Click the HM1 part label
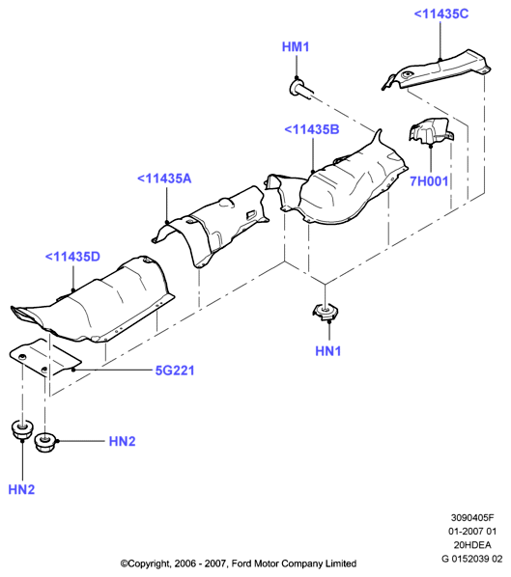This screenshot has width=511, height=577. tap(296, 46)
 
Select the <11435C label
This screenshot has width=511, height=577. tap(441, 14)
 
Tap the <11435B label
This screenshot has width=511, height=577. tap(312, 129)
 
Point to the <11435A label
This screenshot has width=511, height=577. tap(164, 179)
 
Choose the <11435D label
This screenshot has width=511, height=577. tap(72, 257)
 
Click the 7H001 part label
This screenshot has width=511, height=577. tap(429, 181)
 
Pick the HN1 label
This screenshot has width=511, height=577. tap(327, 350)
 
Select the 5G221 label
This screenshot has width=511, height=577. tap(175, 371)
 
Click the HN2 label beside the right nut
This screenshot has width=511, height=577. tap(122, 441)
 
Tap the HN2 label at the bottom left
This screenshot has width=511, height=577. tap(21, 489)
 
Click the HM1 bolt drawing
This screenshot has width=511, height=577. tap(301, 89)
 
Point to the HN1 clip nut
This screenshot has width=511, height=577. tap(326, 312)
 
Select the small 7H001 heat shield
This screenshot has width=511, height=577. tap(430, 131)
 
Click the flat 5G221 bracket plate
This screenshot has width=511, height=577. tap(44, 358)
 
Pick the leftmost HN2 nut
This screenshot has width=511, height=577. tap(22, 429)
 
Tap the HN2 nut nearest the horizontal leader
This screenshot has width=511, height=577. tap(45, 442)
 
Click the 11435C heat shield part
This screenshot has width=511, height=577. tap(437, 69)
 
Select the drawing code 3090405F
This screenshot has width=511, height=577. tap(472, 517)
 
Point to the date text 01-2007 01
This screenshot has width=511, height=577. tap(472, 531)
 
